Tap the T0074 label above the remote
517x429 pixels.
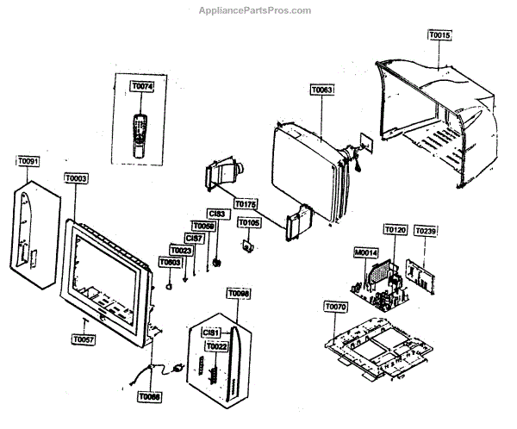[x=140, y=87]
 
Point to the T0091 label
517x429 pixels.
[x=28, y=161]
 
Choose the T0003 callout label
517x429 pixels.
[x=75, y=177]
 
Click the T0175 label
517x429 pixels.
[x=245, y=204]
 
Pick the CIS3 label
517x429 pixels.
[x=216, y=213]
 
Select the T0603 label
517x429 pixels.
[x=170, y=262]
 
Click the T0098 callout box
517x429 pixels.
[x=238, y=295]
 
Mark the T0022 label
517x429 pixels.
[x=217, y=346]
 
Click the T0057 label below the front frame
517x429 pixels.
[x=84, y=340]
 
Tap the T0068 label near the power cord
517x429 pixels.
[x=149, y=397]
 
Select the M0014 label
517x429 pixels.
[x=365, y=254]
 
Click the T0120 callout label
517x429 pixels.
[x=395, y=231]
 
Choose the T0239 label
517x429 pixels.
[x=426, y=231]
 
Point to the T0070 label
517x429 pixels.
[x=335, y=307]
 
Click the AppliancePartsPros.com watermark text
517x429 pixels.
[x=258, y=10]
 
